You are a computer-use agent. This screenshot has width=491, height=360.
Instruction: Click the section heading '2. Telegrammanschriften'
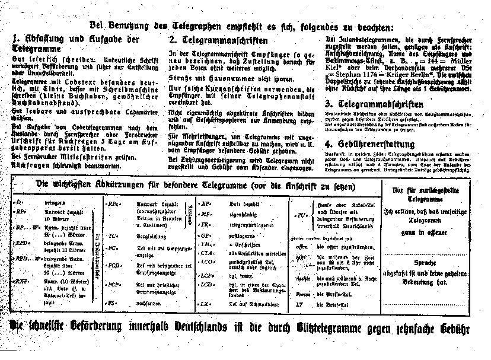click(218, 41)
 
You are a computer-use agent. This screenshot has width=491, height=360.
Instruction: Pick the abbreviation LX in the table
click(206, 304)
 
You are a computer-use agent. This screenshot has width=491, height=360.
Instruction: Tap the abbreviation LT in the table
click(299, 305)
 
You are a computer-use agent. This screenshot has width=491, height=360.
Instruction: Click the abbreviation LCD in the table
click(208, 285)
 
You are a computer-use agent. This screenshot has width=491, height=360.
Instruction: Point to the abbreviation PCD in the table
click(114, 266)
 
